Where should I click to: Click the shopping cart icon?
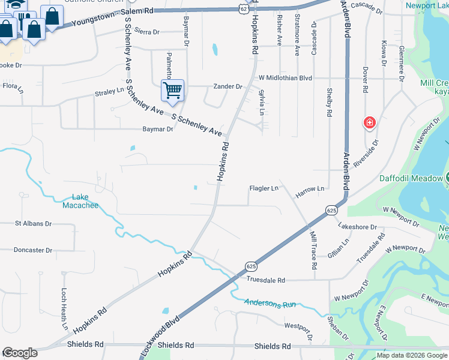click(x=172, y=91)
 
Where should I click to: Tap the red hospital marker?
click(x=369, y=124)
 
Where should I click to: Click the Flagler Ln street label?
click(x=264, y=188)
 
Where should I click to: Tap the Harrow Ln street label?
click(x=310, y=189)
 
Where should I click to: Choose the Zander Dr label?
click(x=228, y=86)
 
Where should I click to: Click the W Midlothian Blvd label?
click(x=286, y=78)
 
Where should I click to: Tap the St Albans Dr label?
click(x=29, y=223)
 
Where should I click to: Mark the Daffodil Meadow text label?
click(x=411, y=178)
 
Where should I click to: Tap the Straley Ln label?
click(x=109, y=94)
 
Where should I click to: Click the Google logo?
click(x=20, y=353)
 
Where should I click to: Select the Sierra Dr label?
click(x=147, y=31)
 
